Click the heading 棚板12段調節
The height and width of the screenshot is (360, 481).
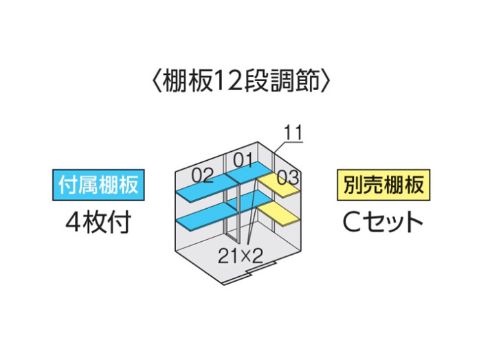[240, 82]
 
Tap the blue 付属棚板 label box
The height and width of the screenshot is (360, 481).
[98, 185]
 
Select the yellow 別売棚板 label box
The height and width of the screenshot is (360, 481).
[383, 185]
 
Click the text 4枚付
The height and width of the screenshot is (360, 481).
[98, 223]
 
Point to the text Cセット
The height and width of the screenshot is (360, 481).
[383, 223]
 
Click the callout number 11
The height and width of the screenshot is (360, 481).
[293, 133]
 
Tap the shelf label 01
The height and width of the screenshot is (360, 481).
[243, 160]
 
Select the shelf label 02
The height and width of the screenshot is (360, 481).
[203, 176]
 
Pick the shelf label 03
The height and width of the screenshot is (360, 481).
[288, 178]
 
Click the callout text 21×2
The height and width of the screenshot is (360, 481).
[240, 256]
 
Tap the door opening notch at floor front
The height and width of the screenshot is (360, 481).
[260, 269]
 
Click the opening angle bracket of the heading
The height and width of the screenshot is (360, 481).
[156, 82]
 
